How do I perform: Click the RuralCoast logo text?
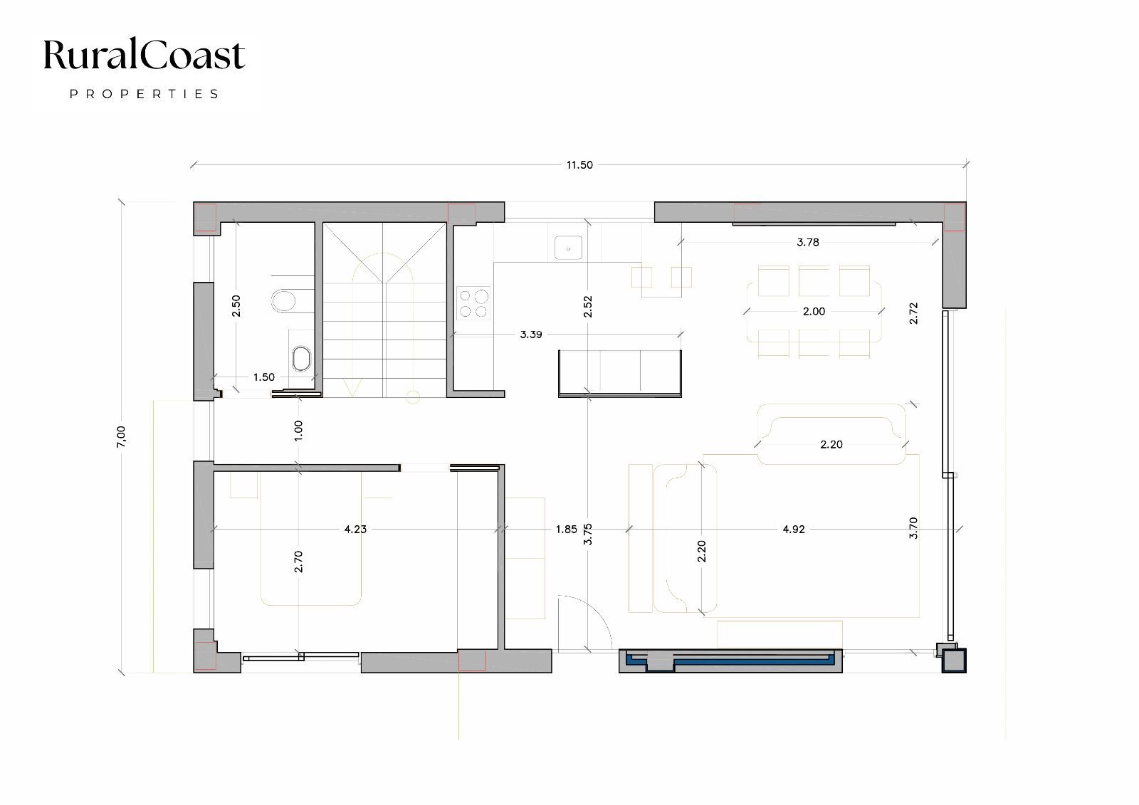coord(144,54)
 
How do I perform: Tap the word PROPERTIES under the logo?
coord(144,94)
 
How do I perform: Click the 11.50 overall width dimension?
coord(579,164)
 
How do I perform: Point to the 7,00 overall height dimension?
coord(121,437)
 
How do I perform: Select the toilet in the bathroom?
coord(284,300)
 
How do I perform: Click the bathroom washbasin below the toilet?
coord(302,359)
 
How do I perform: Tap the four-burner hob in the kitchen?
coord(473,303)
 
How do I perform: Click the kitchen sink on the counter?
coord(568,248)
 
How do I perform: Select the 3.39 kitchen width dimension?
coord(531,334)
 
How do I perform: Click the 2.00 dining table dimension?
coord(814,311)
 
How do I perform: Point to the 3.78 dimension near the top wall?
coord(808,242)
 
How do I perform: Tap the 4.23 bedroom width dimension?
coord(355,529)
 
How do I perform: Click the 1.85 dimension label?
coord(567,529)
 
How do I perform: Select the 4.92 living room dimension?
coord(794,529)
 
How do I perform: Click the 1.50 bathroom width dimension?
coord(264,377)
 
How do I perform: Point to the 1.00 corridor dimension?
coord(298,430)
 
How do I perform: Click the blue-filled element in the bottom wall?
coord(730,660)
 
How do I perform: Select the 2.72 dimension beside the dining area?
coord(914,313)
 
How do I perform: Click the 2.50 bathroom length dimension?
coord(236,305)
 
